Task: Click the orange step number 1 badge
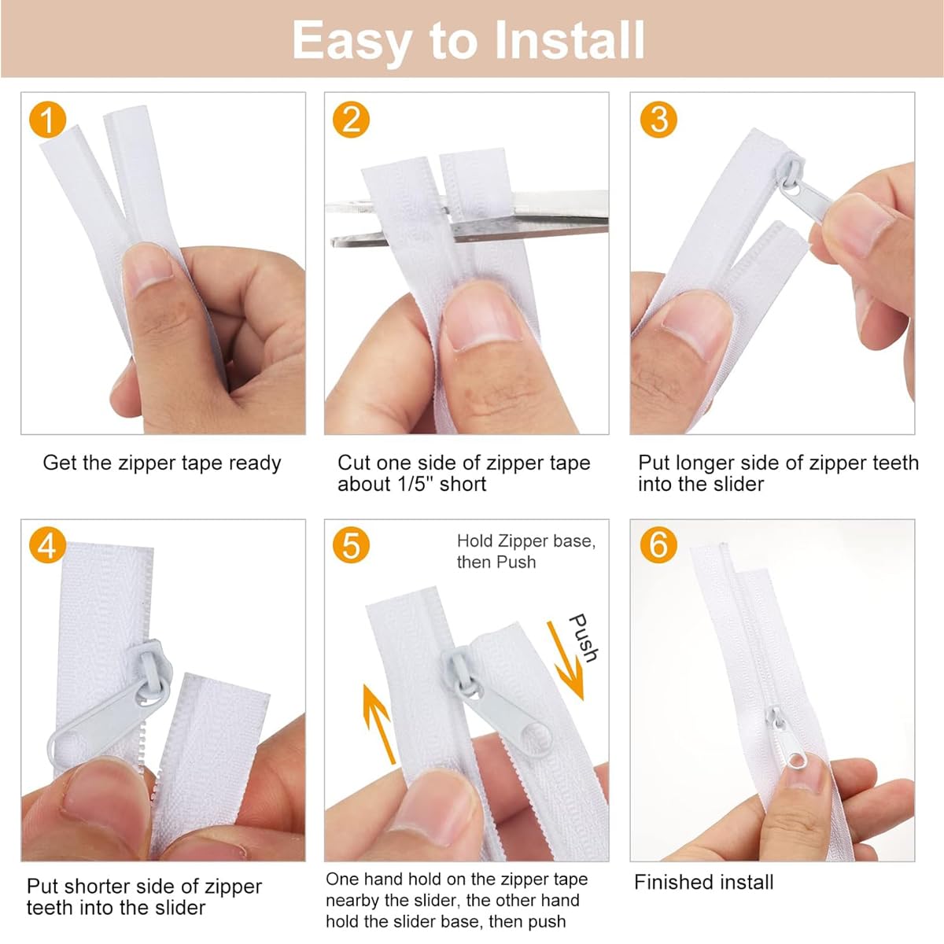tap(47, 120)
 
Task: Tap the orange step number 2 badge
tap(351, 120)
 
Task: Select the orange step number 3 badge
tap(658, 120)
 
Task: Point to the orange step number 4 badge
tap(47, 544)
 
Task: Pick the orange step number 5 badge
tap(351, 544)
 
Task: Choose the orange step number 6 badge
tap(658, 544)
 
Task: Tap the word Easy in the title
tap(351, 43)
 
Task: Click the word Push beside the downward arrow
tap(583, 638)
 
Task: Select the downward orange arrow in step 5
tap(566, 660)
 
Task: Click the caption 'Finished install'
tap(703, 883)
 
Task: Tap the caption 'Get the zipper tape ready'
tap(162, 463)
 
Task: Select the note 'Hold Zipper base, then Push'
tap(526, 551)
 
